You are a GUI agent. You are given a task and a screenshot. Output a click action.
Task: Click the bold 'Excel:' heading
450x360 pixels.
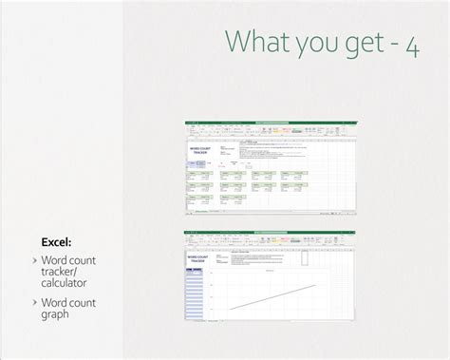point(56,241)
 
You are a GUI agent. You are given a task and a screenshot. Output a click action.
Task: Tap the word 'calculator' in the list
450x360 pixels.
point(66,284)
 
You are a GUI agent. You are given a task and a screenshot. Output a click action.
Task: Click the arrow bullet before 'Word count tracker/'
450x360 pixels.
point(34,259)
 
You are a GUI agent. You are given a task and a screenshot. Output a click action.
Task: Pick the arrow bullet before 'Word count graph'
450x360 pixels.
point(34,302)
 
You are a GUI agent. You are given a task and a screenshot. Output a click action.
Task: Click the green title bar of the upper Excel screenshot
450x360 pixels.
point(270,122)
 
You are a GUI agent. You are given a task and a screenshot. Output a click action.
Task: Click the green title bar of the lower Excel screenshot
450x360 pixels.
point(270,232)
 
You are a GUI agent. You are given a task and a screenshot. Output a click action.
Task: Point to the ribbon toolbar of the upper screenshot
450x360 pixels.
point(270,129)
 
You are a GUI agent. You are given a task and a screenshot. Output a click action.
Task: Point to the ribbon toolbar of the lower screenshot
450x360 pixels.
point(270,239)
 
